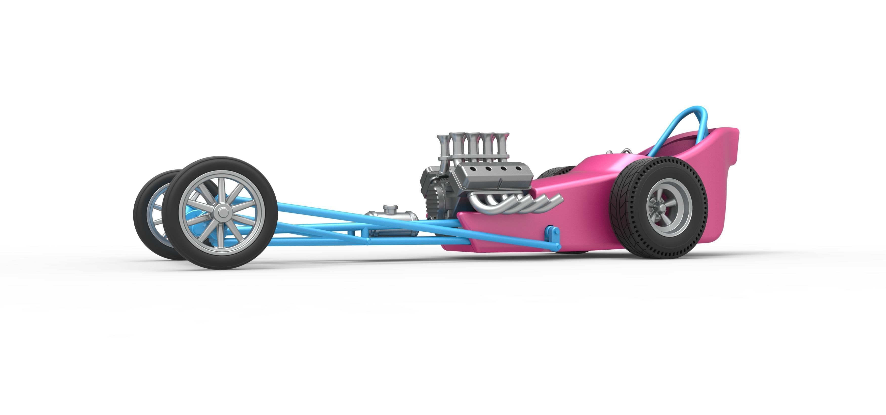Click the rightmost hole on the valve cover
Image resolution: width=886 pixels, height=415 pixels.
[x=515, y=168]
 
